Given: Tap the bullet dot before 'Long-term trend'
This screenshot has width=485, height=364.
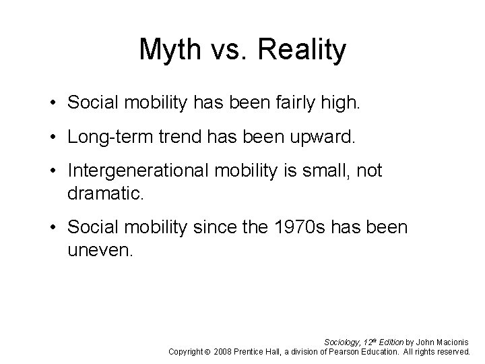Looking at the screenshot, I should [x=53, y=139].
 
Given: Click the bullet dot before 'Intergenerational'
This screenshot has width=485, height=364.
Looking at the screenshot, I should [x=53, y=172].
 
